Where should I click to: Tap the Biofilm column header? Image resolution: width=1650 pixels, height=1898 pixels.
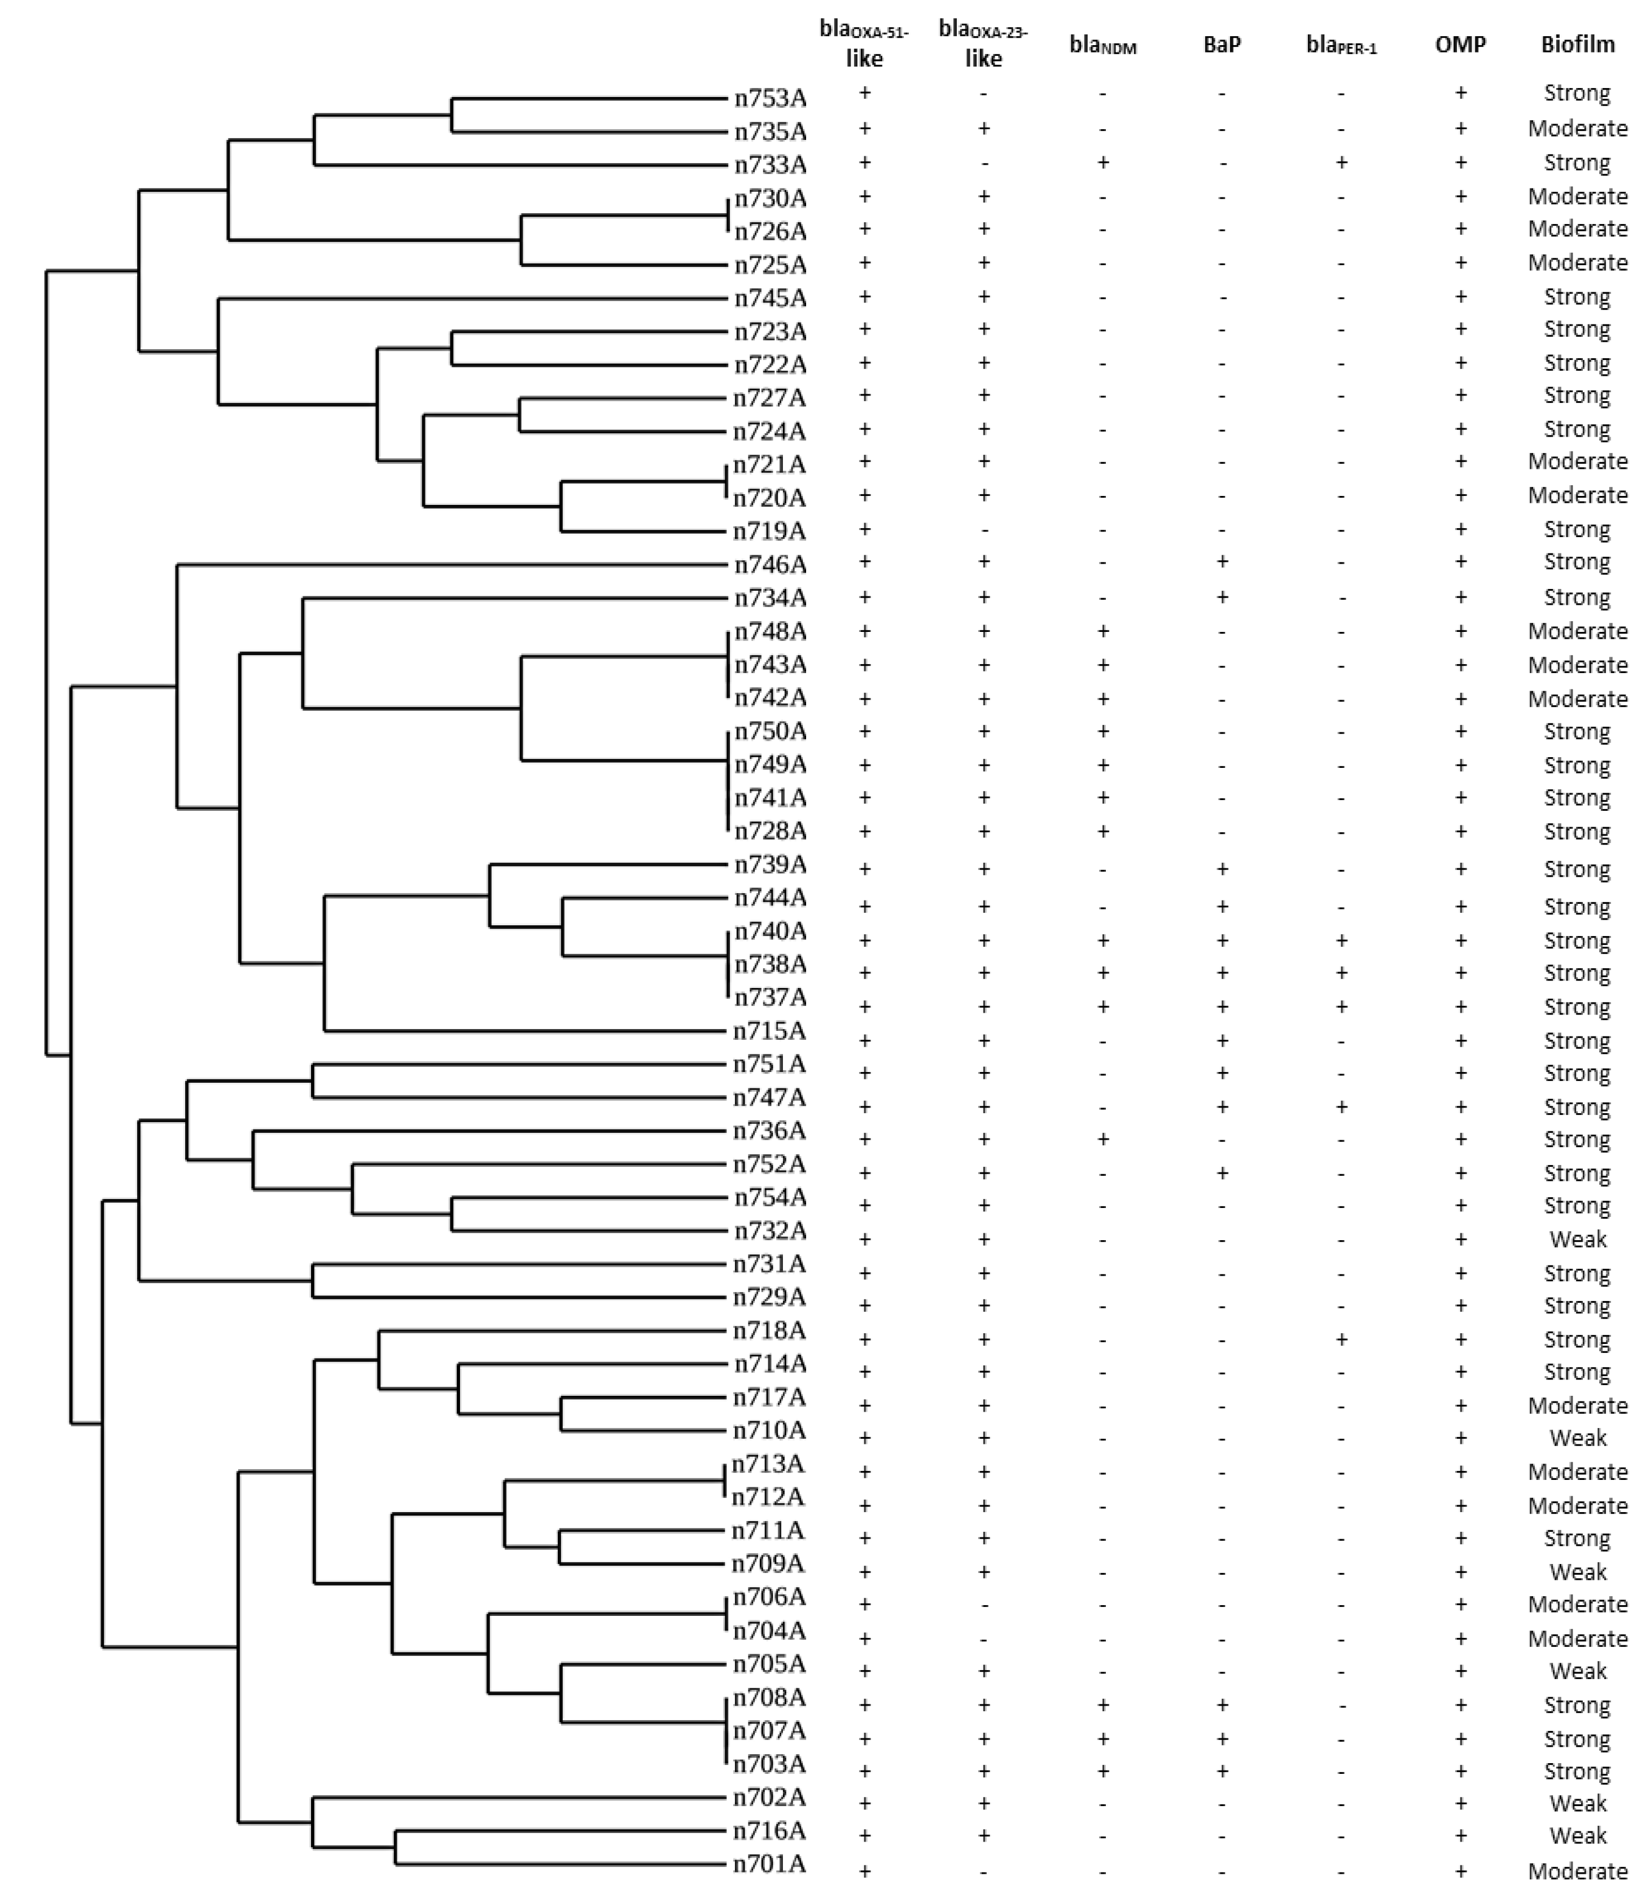click(1577, 44)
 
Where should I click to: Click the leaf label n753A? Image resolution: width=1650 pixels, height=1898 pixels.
click(770, 98)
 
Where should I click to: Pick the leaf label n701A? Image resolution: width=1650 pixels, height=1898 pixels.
click(770, 1864)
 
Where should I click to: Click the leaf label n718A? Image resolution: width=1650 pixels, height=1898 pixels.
click(770, 1330)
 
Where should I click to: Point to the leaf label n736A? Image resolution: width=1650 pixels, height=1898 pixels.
click(770, 1130)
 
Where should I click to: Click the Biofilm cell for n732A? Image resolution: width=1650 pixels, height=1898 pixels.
click(1577, 1239)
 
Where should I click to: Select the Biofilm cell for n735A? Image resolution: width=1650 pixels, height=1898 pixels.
click(1577, 128)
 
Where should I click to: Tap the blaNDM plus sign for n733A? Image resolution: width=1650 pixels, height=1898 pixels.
click(1102, 163)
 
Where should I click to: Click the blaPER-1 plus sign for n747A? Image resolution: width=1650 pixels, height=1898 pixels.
click(1341, 1106)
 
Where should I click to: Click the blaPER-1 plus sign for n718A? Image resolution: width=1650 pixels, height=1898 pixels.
click(1341, 1339)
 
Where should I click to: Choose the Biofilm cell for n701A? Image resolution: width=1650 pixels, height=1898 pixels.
click(1577, 1870)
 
